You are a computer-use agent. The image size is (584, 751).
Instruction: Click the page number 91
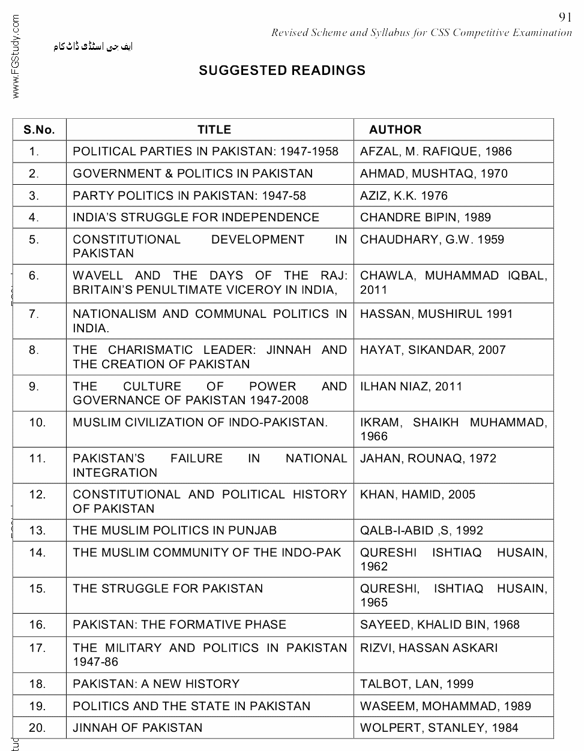pyautogui.click(x=564, y=17)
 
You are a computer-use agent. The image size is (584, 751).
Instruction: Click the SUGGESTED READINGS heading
pyautogui.click(x=282, y=71)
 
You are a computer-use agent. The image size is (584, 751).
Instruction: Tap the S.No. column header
pyautogui.click(x=39, y=130)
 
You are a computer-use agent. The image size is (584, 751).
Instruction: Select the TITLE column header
pyautogui.click(x=214, y=130)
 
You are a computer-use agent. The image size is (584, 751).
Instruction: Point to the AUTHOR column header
pyautogui.click(x=395, y=130)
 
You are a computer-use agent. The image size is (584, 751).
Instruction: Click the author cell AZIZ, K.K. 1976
pyautogui.click(x=404, y=196)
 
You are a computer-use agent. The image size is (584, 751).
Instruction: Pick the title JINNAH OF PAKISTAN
pyautogui.click(x=137, y=728)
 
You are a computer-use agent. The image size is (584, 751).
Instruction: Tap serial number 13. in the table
pyautogui.click(x=37, y=530)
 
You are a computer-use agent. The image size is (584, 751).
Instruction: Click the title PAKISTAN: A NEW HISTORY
pyautogui.click(x=156, y=684)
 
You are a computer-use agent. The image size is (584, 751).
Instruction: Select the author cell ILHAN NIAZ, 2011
pyautogui.click(x=411, y=386)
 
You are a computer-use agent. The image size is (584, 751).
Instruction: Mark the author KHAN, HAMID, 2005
pyautogui.click(x=418, y=494)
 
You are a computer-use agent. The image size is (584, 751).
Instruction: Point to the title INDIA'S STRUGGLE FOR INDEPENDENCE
pyautogui.click(x=196, y=217)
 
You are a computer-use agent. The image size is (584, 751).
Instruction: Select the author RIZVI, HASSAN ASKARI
pyautogui.click(x=429, y=648)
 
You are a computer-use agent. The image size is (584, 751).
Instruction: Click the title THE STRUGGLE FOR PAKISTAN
pyautogui.click(x=168, y=588)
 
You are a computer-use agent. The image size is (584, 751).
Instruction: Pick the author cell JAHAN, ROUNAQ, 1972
pyautogui.click(x=429, y=458)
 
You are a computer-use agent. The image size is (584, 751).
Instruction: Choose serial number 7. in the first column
pyautogui.click(x=34, y=314)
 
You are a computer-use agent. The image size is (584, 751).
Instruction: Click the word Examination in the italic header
pyautogui.click(x=542, y=32)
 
